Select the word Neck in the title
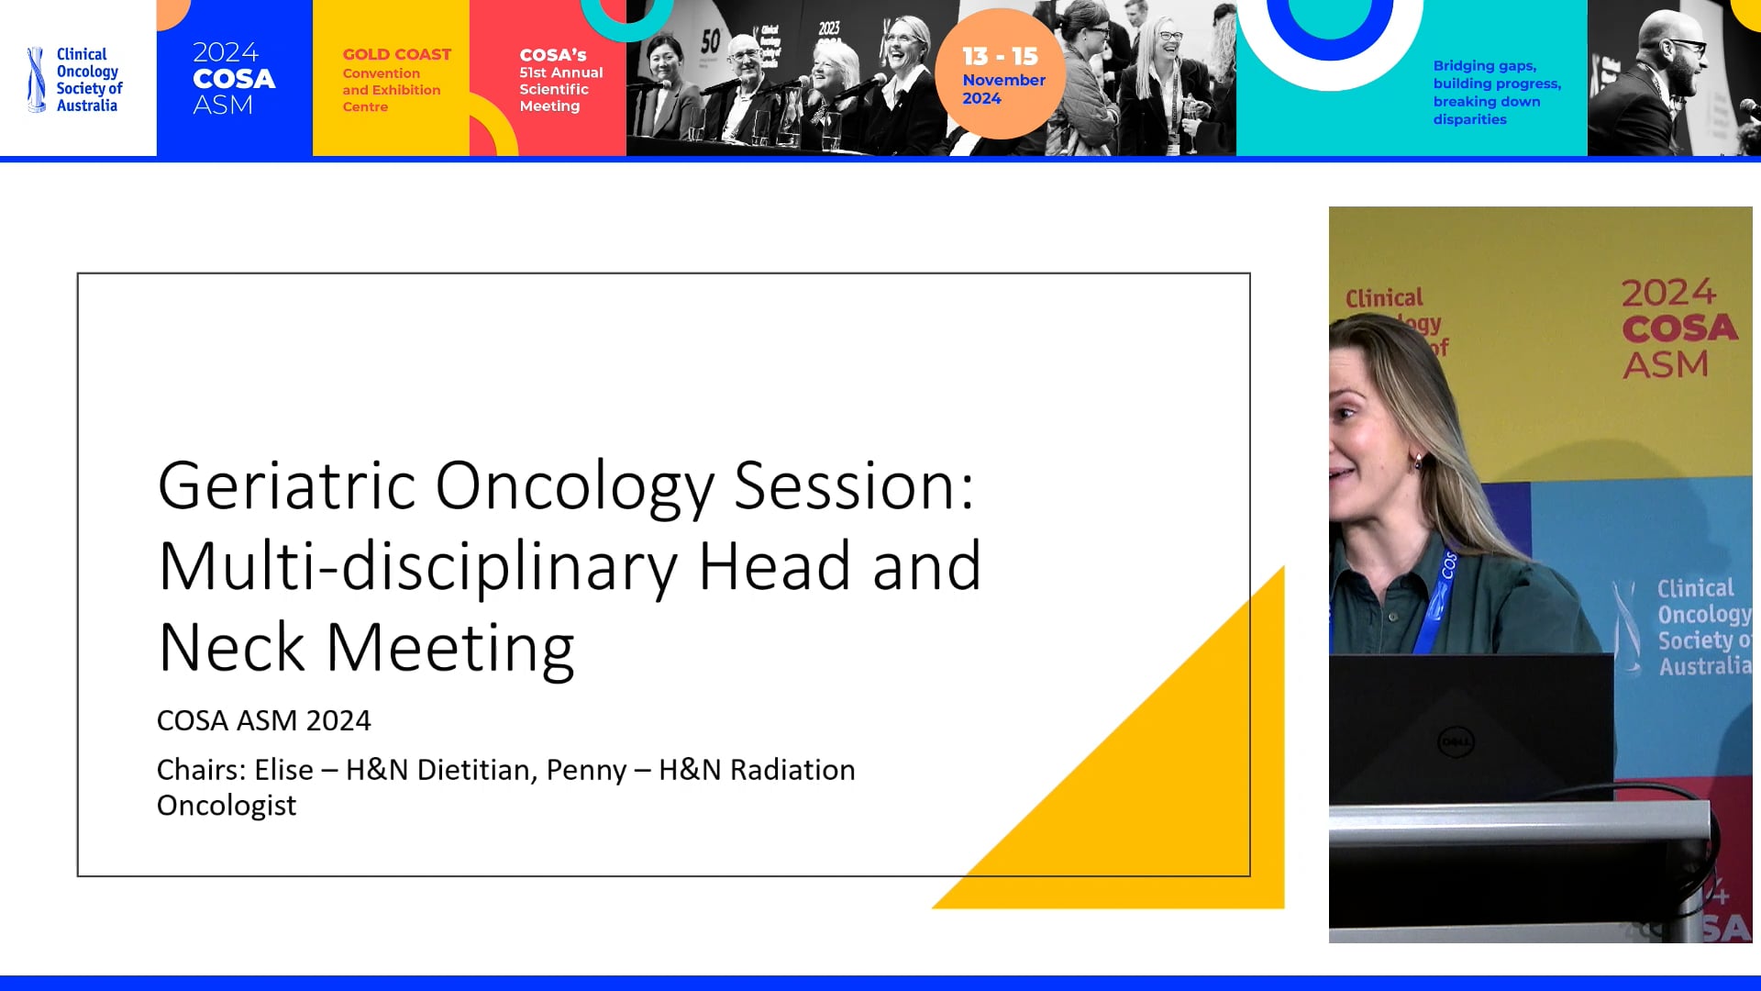(x=231, y=648)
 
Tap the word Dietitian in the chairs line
(x=476, y=770)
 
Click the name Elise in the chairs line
(x=283, y=770)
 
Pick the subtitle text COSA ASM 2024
(x=263, y=720)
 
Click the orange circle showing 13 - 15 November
(x=1002, y=74)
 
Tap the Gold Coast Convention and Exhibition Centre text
(x=394, y=80)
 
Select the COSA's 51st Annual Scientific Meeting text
(x=559, y=80)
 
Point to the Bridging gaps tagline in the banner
(x=1496, y=92)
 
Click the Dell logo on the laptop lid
(x=1456, y=740)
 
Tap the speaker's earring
(x=1419, y=461)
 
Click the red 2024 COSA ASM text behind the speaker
(x=1678, y=328)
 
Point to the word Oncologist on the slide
(x=227, y=806)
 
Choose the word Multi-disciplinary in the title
(x=418, y=566)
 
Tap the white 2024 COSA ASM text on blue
(x=233, y=79)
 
